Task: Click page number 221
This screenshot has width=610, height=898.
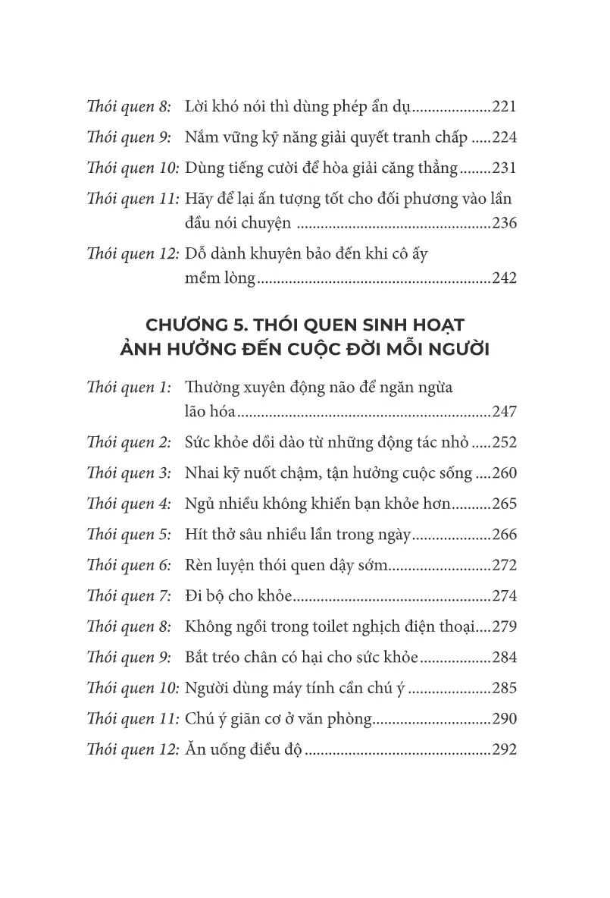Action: [504, 107]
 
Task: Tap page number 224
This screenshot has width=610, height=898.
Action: [504, 138]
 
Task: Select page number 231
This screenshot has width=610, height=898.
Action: [504, 168]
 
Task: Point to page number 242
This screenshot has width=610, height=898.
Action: [504, 278]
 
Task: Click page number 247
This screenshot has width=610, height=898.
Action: [504, 413]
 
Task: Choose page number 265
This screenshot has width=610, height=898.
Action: [504, 504]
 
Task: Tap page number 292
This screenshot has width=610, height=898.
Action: [504, 750]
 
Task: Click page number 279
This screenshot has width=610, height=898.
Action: [504, 627]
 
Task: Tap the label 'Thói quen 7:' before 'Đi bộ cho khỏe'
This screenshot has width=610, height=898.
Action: [130, 596]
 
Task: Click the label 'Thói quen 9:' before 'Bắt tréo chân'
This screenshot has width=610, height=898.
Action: [130, 658]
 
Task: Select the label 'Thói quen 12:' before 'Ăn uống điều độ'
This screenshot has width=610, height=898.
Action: [133, 750]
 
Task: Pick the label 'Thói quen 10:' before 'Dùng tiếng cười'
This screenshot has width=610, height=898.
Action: [133, 168]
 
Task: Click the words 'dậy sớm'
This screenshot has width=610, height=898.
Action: [355, 566]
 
